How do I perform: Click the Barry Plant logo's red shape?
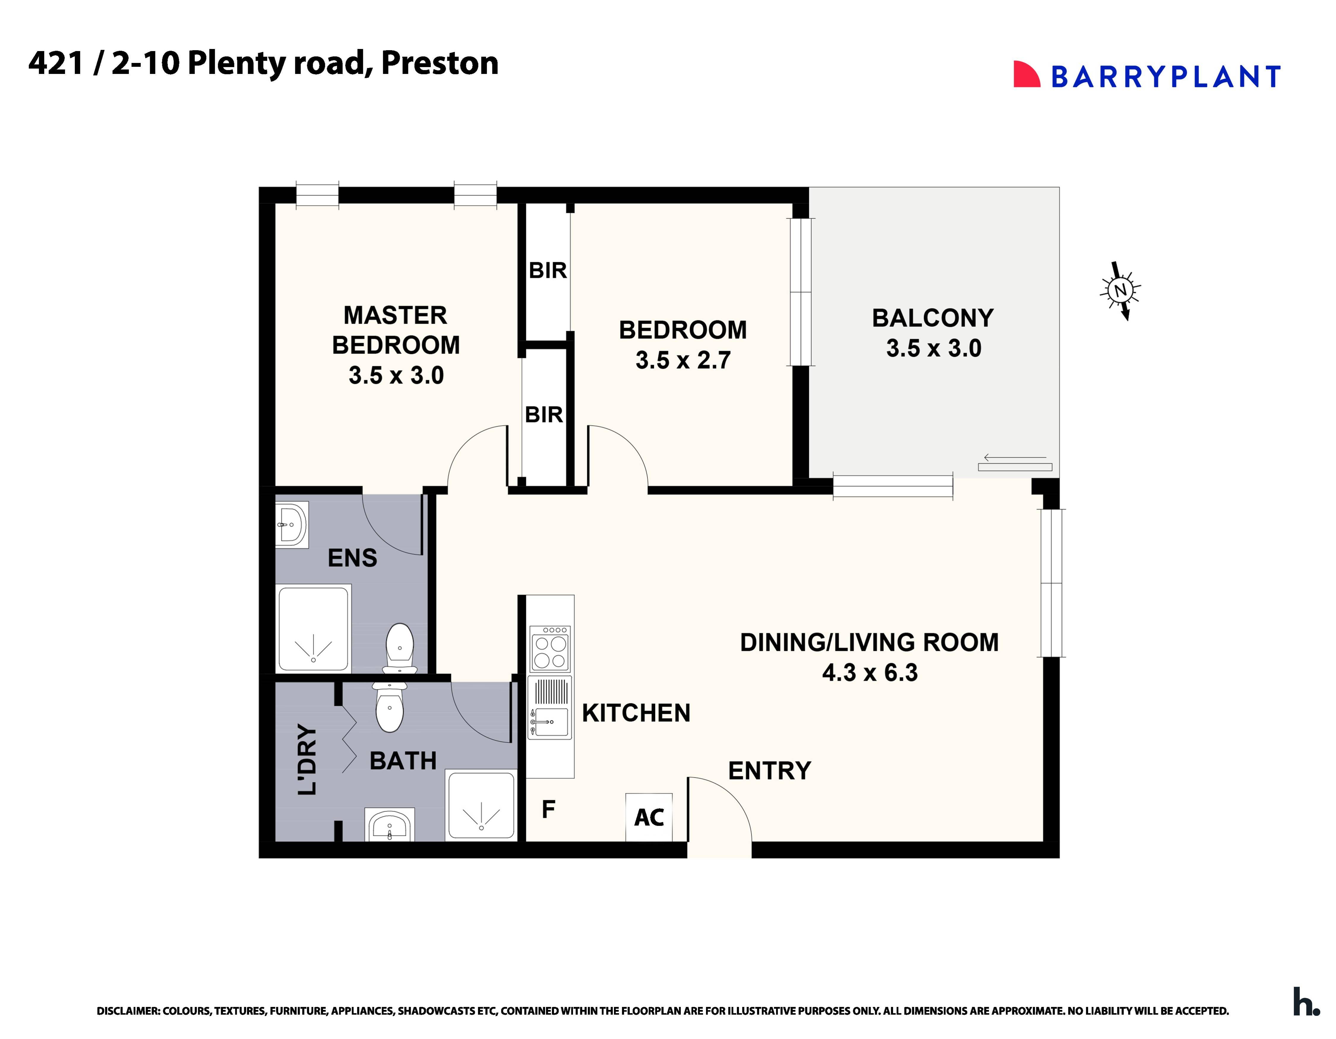click(1026, 75)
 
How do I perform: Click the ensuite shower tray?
click(314, 628)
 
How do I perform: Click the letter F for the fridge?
click(548, 809)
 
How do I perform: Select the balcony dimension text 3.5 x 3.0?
click(933, 349)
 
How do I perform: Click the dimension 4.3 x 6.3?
click(869, 673)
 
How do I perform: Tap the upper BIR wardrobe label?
click(547, 270)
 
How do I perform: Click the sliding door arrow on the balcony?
click(1015, 457)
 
